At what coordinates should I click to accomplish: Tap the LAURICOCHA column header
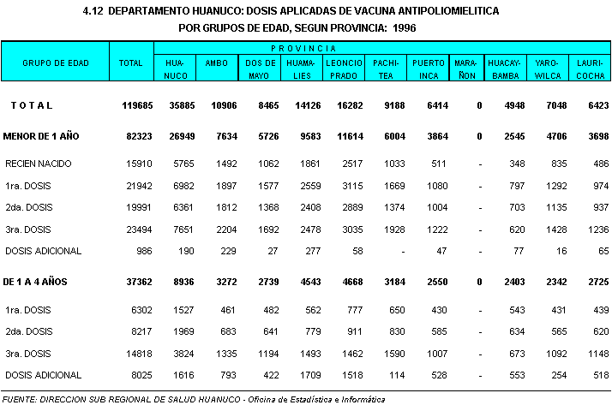pos(591,69)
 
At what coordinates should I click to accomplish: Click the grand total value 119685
pos(131,105)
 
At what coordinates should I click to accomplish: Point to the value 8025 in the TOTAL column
pos(136,375)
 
